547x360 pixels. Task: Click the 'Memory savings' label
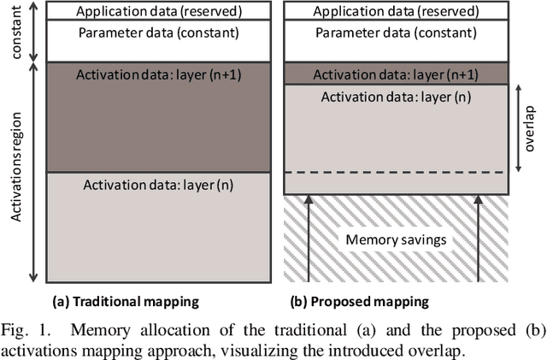395,240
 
